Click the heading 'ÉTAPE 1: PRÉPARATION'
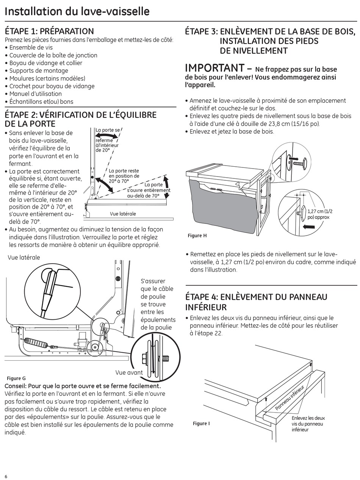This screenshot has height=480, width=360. [49, 31]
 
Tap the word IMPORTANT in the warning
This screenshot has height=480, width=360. [214, 68]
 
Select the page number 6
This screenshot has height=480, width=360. [6, 476]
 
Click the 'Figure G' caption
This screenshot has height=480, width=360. [16, 378]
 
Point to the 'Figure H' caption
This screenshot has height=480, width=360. [197, 236]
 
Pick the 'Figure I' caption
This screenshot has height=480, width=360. [201, 423]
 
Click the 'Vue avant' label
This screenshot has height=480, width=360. [129, 372]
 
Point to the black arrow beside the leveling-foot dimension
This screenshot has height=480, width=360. [309, 227]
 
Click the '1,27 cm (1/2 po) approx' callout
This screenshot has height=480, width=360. [320, 214]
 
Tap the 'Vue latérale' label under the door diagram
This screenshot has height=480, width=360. [123, 214]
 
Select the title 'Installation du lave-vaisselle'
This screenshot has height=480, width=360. [77, 11]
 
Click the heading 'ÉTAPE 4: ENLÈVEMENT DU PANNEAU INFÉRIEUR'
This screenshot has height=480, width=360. [256, 302]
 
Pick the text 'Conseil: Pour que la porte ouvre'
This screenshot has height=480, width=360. [83, 386]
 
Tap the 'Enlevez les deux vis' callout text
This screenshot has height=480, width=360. [308, 424]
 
